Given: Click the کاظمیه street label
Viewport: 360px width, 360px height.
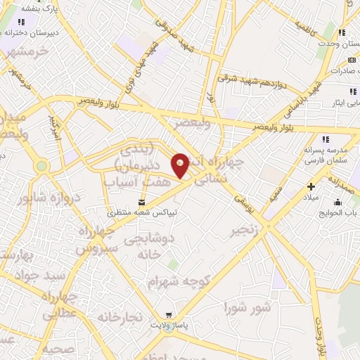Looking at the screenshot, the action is click(310, 28).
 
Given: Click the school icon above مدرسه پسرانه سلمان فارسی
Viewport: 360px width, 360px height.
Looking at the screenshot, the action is click(324, 139).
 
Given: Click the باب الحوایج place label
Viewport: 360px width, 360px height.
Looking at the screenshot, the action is click(344, 212).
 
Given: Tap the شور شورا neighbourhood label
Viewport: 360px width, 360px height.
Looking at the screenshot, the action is click(247, 307).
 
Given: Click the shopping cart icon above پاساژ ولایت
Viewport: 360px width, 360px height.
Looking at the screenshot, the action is click(167, 316).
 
